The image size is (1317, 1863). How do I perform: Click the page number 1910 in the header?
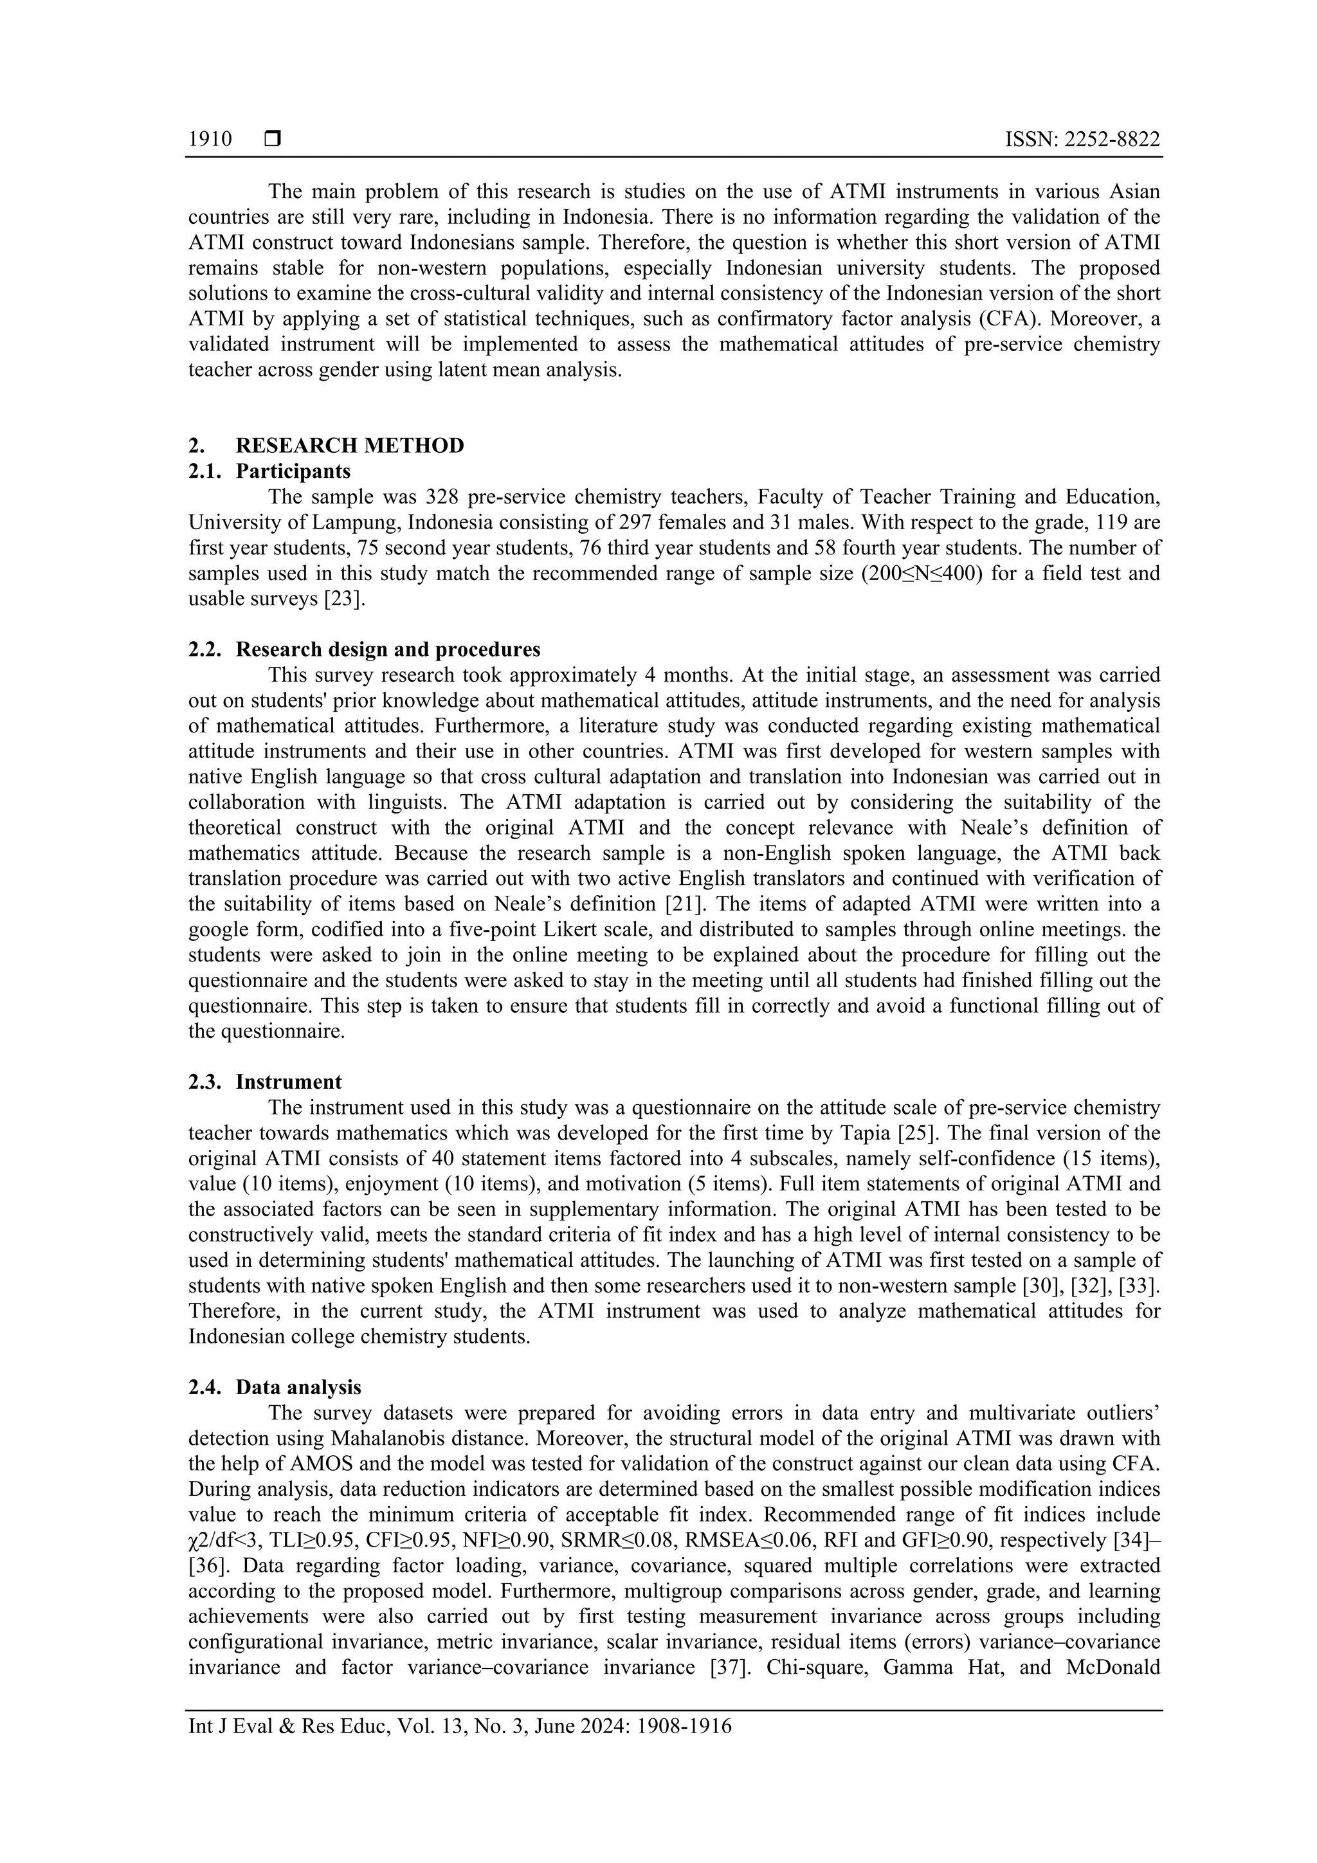pyautogui.click(x=210, y=140)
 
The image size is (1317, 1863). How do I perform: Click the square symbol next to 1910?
pyautogui.click(x=273, y=140)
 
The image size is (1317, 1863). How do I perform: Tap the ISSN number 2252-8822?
pyautogui.click(x=1113, y=140)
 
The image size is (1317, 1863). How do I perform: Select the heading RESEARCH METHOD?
pyautogui.click(x=350, y=446)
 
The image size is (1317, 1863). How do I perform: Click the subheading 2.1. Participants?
pyautogui.click(x=269, y=471)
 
